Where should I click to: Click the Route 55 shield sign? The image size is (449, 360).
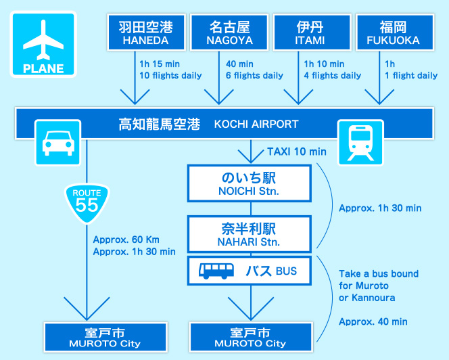87,200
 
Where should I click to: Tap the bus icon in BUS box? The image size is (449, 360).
216,271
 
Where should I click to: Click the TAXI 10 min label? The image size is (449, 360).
296,151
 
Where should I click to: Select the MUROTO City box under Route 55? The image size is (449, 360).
105,337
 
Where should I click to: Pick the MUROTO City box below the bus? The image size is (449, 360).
250,337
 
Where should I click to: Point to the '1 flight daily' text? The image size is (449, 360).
411,75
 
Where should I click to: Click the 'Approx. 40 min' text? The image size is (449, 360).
373,321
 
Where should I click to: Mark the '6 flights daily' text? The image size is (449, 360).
254,75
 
